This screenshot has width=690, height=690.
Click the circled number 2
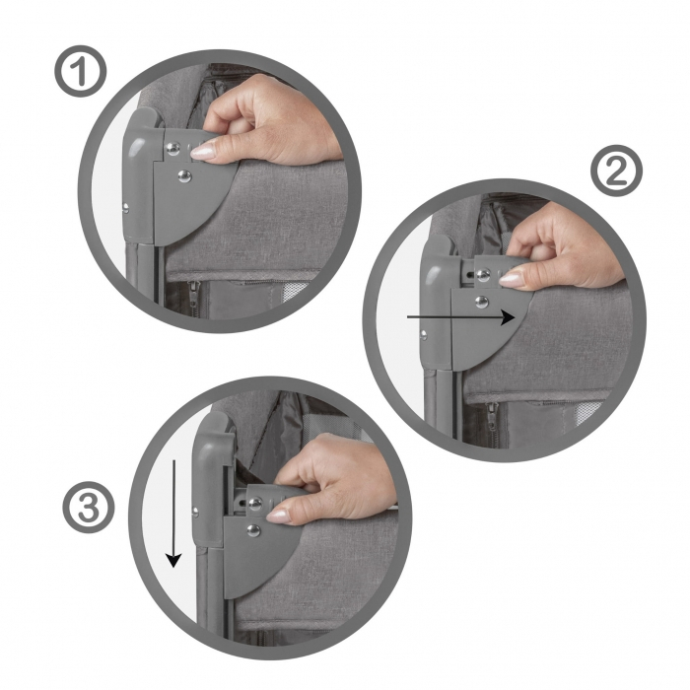[617, 173]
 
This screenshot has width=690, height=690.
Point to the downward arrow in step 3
[173, 512]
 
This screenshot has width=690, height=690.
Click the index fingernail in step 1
[203, 151]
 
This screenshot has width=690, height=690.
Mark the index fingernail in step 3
[279, 514]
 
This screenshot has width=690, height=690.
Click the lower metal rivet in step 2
[482, 302]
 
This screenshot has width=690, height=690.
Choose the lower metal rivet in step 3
[253, 530]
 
